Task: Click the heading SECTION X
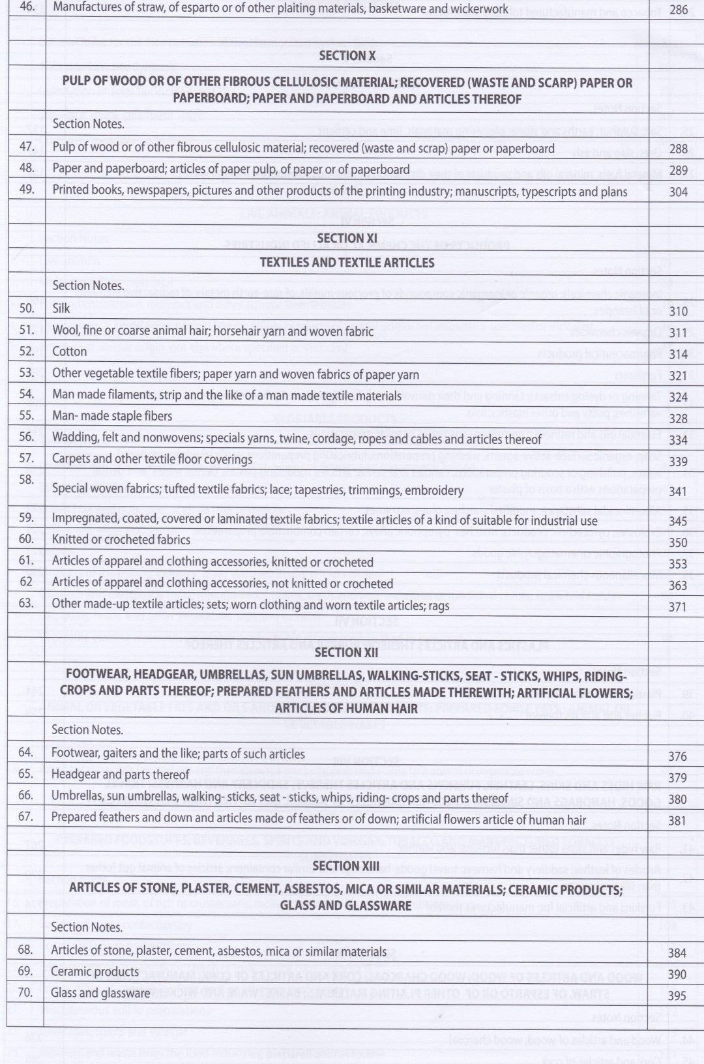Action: [x=347, y=56]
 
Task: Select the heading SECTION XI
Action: [x=347, y=239]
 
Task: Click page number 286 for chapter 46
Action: [x=678, y=9]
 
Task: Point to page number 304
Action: [x=678, y=192]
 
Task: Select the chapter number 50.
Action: [x=27, y=308]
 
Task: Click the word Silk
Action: [x=61, y=308]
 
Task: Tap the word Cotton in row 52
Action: [x=69, y=351]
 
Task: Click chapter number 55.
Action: [x=27, y=415]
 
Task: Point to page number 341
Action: [x=678, y=492]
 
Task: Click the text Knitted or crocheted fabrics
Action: [x=121, y=540]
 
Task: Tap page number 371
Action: [x=678, y=607]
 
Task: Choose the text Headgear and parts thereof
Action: [x=120, y=775]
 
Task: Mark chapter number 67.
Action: [x=25, y=816]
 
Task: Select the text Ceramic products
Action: [x=95, y=971]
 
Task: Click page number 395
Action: [x=677, y=996]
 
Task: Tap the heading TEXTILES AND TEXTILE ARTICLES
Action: [x=347, y=263]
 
